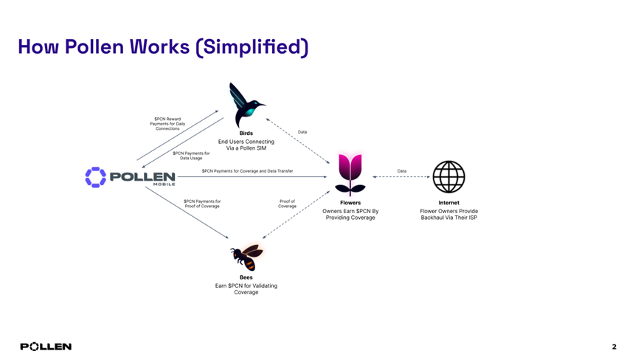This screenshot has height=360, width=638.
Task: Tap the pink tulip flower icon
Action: pos(350,174)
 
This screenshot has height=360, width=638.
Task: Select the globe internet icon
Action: pos(448,177)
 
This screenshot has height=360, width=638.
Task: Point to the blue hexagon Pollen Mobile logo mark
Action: pos(95,177)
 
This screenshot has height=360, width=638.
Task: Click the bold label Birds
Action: pos(246,134)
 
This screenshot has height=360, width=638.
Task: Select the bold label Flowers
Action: pos(350,203)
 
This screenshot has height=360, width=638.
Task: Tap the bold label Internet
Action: pos(448,203)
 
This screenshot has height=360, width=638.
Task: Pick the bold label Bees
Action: pos(246,277)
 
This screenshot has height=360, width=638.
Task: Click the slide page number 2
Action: pos(614,347)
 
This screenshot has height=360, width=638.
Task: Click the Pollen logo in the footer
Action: pos(46,347)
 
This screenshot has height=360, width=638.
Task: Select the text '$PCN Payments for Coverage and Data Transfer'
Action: pos(247,171)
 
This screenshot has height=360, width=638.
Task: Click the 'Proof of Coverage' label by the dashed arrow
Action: pos(287,204)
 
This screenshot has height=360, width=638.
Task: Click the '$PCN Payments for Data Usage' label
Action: pos(191,156)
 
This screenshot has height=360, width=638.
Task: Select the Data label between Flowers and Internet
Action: pos(401,171)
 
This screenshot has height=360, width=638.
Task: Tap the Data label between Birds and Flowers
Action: pos(302,132)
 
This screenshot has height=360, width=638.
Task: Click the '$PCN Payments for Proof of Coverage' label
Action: pos(202,204)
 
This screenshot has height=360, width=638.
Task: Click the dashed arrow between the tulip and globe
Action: pos(402,177)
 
